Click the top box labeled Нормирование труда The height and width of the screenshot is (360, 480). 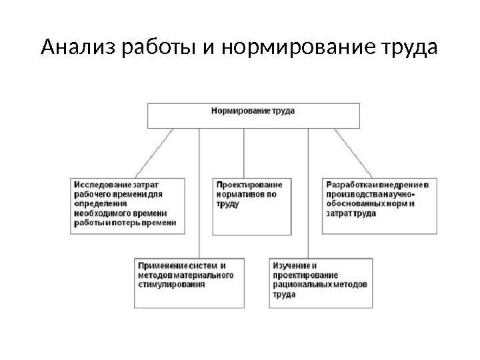253,114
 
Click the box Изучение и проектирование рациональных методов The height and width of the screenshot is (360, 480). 321,283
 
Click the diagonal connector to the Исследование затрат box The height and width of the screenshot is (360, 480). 155,151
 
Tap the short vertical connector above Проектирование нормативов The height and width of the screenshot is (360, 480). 244,151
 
